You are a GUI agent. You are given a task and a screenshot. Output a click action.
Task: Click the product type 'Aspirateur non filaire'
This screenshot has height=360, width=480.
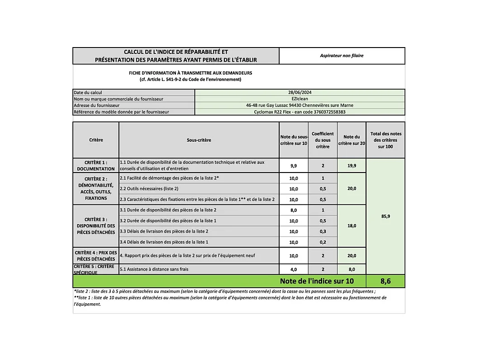click(342, 56)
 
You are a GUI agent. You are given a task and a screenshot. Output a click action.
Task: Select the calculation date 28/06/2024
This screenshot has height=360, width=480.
click(299, 92)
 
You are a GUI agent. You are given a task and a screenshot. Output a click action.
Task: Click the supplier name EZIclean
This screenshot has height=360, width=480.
click(299, 99)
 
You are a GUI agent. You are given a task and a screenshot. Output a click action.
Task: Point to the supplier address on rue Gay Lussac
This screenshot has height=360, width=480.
click(299, 105)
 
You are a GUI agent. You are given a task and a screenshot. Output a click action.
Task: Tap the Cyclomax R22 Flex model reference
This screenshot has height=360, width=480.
click(299, 112)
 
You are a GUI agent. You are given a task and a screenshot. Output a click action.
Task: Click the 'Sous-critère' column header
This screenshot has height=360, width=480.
click(199, 140)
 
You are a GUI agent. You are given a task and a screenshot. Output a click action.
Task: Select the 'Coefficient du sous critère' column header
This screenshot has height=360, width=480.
click(323, 140)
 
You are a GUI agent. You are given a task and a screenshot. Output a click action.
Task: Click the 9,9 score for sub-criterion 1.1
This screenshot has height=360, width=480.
click(294, 166)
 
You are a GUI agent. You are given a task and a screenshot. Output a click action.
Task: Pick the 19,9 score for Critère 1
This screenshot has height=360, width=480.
click(352, 166)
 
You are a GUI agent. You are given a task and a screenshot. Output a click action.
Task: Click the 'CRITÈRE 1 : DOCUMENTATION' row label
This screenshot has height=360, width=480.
click(96, 165)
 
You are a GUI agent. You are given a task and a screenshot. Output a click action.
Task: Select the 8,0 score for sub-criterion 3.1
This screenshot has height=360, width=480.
click(294, 210)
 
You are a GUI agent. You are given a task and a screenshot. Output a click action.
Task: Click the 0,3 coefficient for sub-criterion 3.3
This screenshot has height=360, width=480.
click(323, 231)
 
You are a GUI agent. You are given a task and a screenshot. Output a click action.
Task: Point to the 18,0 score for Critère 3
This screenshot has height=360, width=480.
click(352, 226)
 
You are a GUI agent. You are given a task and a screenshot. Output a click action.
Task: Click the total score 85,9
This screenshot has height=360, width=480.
click(385, 216)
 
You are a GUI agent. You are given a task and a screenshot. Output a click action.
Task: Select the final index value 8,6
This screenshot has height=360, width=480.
click(385, 281)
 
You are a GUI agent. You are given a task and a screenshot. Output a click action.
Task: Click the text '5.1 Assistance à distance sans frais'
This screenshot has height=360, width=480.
click(154, 269)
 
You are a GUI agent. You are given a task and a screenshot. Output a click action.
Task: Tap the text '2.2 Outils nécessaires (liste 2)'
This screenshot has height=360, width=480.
click(149, 188)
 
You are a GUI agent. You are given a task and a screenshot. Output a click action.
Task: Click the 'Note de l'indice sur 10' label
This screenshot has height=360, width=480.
click(317, 281)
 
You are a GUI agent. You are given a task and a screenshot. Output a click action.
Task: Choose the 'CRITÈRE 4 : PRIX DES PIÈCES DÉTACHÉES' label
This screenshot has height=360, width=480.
click(96, 255)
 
